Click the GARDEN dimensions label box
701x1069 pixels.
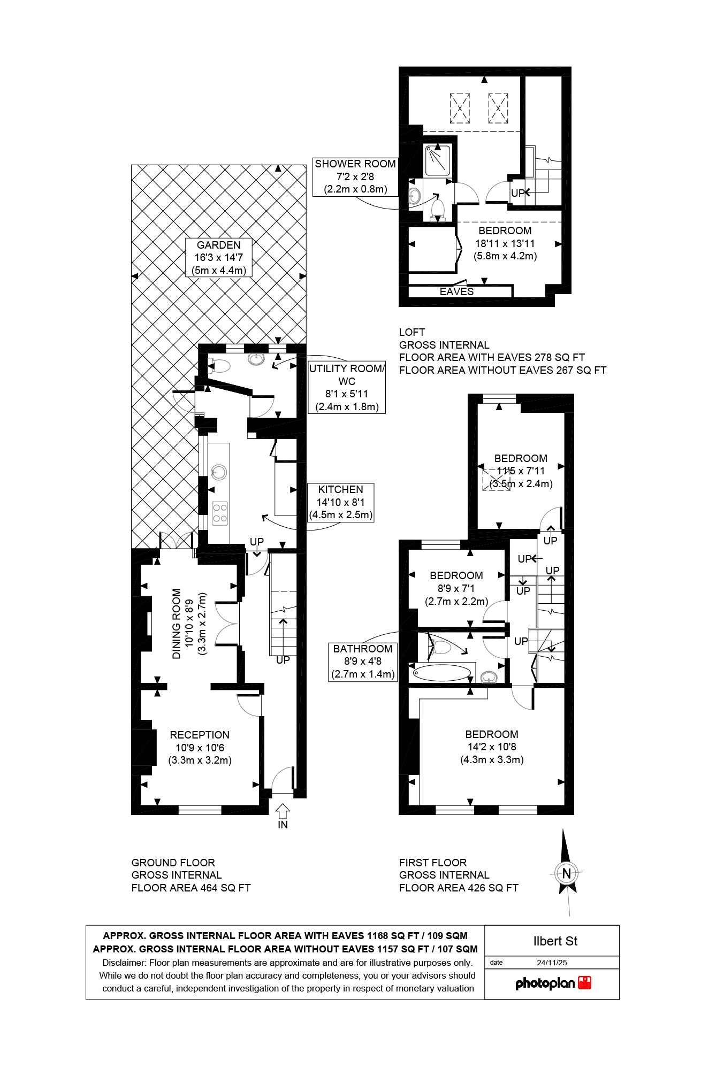218,258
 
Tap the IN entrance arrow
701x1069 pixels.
283,811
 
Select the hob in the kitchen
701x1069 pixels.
220,513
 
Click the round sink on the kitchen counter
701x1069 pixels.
218,472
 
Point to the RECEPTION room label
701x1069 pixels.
200,747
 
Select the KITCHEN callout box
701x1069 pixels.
340,502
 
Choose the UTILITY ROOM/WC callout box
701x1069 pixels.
347,388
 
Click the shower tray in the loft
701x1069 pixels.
438,161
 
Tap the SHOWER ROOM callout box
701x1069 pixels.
355,176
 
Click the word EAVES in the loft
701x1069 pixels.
456,291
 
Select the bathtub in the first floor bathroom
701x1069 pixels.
442,672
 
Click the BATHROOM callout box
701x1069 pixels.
363,662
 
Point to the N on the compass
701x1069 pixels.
566,873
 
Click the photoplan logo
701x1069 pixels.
553,983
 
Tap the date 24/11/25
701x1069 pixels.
552,963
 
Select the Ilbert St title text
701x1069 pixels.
555,941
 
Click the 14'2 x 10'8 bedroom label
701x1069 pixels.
492,747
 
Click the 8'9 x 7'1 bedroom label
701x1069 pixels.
456,588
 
